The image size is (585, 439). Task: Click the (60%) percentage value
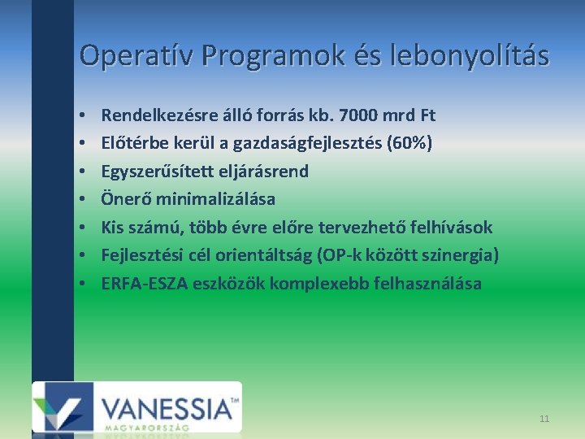click(411, 144)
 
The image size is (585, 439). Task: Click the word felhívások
click(455, 228)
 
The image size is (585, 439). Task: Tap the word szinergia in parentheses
click(457, 255)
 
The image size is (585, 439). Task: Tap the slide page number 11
click(544, 419)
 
